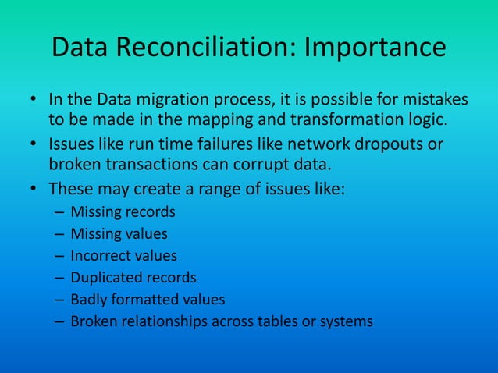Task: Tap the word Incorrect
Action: (99, 255)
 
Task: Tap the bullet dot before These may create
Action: (34, 190)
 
